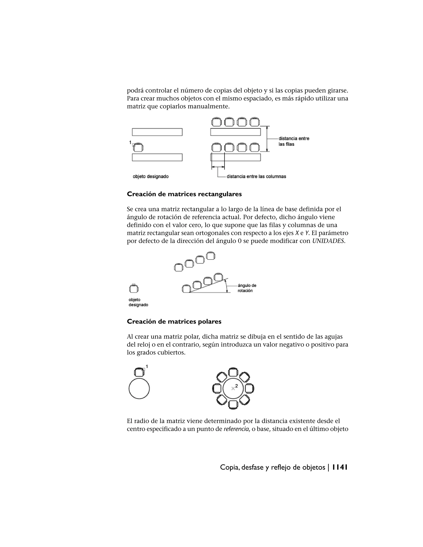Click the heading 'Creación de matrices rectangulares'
184,194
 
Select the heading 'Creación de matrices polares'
174,322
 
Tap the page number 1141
340,467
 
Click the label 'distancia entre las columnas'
256,176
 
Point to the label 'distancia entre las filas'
294,141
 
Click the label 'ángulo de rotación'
247,288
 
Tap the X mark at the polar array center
233,388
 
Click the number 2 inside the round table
236,386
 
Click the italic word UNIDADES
328,241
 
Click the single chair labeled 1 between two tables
138,148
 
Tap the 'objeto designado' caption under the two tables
151,176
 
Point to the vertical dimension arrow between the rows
267,139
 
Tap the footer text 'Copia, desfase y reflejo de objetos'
272,467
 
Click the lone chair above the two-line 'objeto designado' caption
134,289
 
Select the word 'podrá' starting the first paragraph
135,90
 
